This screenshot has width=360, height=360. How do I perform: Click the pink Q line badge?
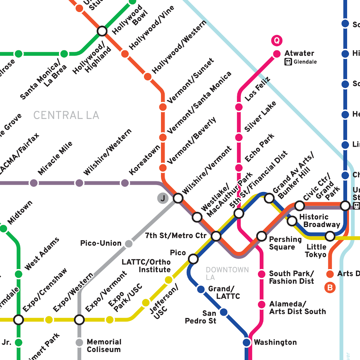[x=277, y=41]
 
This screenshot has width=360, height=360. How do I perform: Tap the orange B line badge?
[x=330, y=288]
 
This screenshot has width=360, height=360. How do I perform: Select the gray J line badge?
[x=163, y=198]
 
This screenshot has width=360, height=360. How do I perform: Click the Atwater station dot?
[x=277, y=54]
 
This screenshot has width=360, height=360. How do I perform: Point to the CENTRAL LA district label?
[x=66, y=116]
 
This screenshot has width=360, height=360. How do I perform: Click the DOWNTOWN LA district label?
[x=227, y=273]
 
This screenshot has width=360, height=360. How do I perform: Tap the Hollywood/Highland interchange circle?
[x=102, y=31]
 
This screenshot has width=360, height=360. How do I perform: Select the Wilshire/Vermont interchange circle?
[x=178, y=198]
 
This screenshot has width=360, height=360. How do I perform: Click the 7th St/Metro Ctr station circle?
[x=216, y=236]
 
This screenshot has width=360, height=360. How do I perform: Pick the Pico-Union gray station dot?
[x=128, y=244]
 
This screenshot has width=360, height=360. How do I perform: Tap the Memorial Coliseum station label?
[x=104, y=346]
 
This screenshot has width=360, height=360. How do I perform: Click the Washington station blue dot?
[x=247, y=342]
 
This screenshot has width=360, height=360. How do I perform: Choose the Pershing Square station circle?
[x=262, y=236]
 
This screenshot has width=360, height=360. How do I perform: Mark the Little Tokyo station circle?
[x=330, y=236]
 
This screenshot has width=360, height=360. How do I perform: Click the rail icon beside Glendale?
[x=288, y=62]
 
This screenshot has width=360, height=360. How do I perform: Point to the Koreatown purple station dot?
[x=125, y=183]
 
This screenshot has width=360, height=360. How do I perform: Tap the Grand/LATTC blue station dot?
[x=201, y=289]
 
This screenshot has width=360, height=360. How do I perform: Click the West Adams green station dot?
[x=19, y=274]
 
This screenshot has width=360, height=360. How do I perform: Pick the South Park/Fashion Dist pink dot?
[x=262, y=274]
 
